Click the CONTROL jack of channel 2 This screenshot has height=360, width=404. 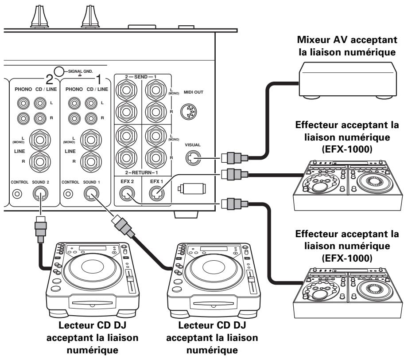(x=17, y=194)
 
